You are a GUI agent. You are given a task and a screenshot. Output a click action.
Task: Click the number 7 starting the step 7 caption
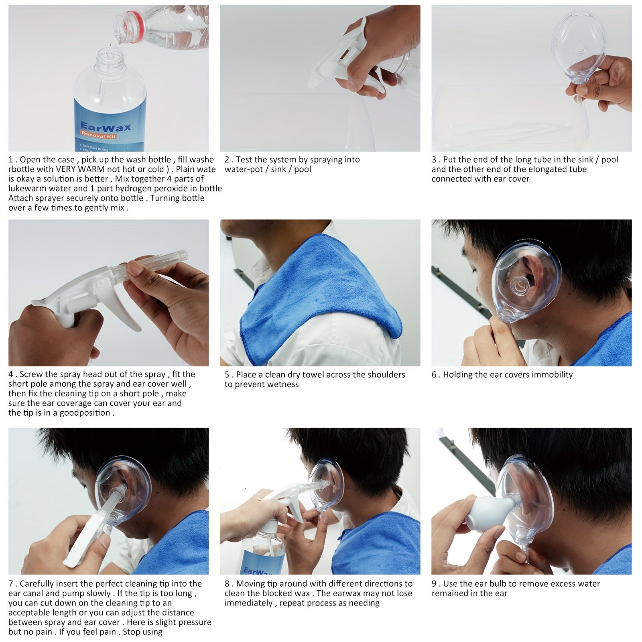[11, 584]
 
